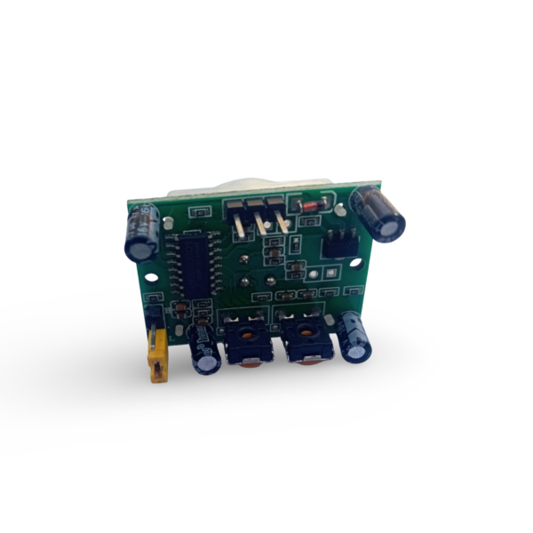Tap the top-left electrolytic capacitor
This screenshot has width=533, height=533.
[142, 233]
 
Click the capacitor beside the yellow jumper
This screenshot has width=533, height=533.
[203, 350]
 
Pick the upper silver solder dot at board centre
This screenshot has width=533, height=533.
[244, 260]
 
